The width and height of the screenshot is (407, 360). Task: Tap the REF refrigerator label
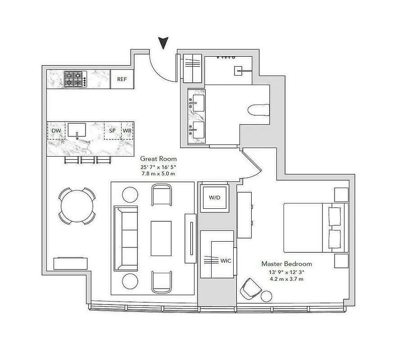(x=122, y=79)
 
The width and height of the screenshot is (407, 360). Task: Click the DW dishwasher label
(x=56, y=130)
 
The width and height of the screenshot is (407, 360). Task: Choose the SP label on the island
(x=113, y=130)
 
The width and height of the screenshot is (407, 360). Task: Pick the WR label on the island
(x=127, y=130)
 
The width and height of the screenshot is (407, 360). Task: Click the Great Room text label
(x=158, y=159)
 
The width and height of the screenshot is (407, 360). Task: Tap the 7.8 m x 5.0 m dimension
(x=158, y=173)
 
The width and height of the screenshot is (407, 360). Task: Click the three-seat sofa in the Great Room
(x=126, y=238)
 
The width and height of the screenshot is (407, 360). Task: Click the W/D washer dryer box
(x=214, y=198)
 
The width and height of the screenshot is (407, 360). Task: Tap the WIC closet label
(x=226, y=261)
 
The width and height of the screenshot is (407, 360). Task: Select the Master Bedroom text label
(x=287, y=264)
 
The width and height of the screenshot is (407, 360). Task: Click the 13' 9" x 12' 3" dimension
(x=287, y=272)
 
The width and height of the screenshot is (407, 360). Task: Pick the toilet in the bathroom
(x=259, y=110)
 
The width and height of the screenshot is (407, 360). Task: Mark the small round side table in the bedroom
(x=267, y=296)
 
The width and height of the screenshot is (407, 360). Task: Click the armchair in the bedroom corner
(x=249, y=288)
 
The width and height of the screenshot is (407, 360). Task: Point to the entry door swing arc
(x=160, y=72)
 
